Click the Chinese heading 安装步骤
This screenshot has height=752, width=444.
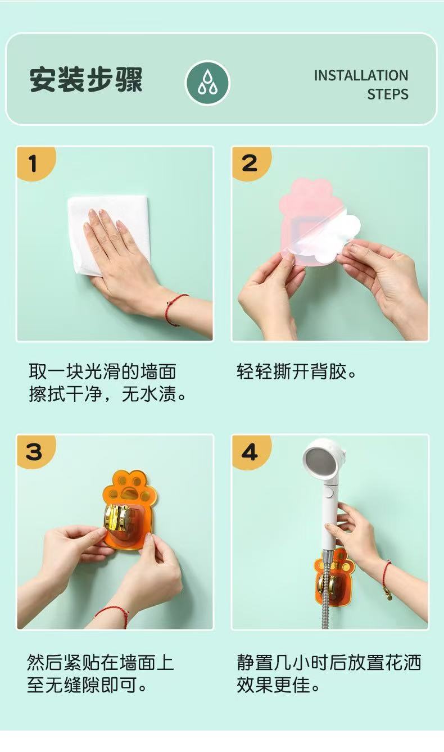point(86,80)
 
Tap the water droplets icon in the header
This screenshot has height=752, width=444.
point(207,83)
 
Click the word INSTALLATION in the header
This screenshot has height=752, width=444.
point(361,75)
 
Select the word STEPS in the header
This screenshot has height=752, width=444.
point(388,94)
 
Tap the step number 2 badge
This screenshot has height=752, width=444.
point(250,163)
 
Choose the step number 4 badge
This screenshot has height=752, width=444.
point(250,451)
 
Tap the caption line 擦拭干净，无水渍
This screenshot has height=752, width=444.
point(107,393)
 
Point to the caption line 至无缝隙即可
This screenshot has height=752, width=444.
point(87,685)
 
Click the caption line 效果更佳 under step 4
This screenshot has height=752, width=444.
point(279,685)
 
